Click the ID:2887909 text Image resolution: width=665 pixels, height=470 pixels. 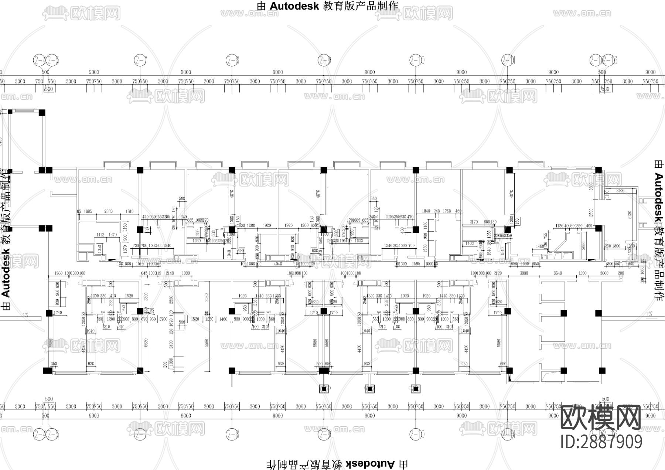pyautogui.click(x=601, y=442)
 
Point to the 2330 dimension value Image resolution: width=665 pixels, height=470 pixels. pyautogui.click(x=109, y=211)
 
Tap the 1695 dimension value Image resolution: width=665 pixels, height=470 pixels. pyautogui.click(x=88, y=211)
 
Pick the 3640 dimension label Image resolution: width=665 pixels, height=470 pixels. pyautogui.click(x=557, y=273)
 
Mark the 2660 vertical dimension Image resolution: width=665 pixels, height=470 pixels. pyautogui.click(x=584, y=246)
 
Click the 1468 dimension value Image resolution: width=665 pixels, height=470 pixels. pyautogui.click(x=540, y=246)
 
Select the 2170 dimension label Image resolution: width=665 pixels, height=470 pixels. pyautogui.click(x=474, y=222)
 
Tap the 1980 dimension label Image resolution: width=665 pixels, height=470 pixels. pyautogui.click(x=58, y=273)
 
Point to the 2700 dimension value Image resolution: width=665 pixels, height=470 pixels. pyautogui.click(x=163, y=319)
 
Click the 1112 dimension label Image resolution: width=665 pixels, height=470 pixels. pyautogui.click(x=100, y=235)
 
